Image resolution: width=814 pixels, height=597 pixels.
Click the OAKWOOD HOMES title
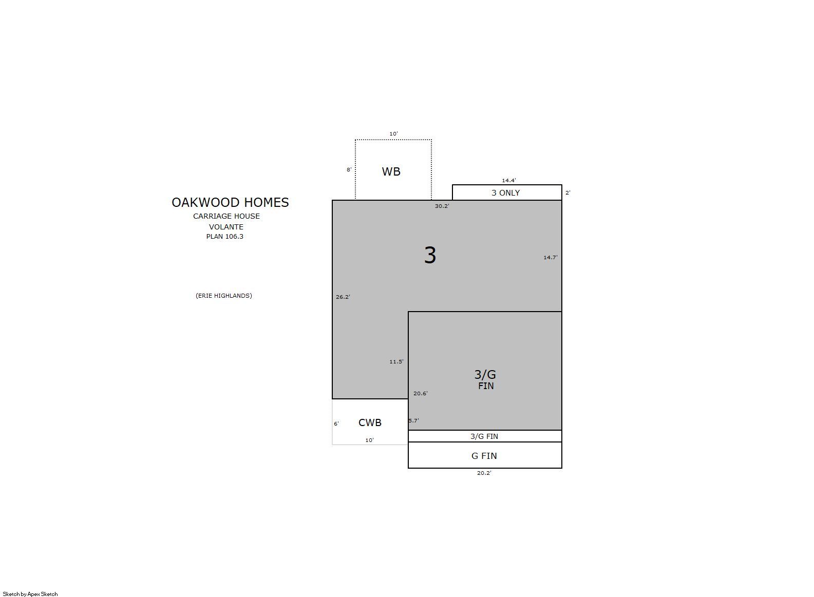click(230, 202)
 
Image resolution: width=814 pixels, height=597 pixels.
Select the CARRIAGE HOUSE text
click(226, 216)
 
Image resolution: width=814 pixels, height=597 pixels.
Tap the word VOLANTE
click(226, 227)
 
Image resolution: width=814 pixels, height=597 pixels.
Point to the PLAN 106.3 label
click(224, 237)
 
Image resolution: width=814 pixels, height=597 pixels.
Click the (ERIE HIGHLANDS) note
click(223, 296)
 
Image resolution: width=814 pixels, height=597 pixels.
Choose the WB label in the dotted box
click(391, 171)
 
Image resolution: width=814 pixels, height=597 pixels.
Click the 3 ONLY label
click(505, 193)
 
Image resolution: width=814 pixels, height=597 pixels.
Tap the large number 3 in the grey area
click(430, 255)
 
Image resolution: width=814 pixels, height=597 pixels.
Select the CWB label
click(370, 422)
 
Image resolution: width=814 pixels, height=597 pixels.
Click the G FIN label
click(484, 456)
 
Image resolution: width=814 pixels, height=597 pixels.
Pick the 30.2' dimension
click(442, 206)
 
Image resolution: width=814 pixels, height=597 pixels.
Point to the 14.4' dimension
click(509, 180)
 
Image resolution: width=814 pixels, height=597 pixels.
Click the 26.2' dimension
click(343, 297)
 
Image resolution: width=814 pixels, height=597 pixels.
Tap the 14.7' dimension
click(550, 257)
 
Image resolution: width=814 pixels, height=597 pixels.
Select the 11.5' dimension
click(396, 361)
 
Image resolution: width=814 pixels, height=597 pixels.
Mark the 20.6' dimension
click(420, 393)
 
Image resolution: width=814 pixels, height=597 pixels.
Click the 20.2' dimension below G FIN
click(484, 473)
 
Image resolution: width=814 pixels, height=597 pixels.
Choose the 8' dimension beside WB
click(349, 169)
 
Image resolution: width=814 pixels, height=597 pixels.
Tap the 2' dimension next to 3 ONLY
click(567, 192)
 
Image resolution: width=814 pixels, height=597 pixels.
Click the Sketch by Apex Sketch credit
click(30, 594)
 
